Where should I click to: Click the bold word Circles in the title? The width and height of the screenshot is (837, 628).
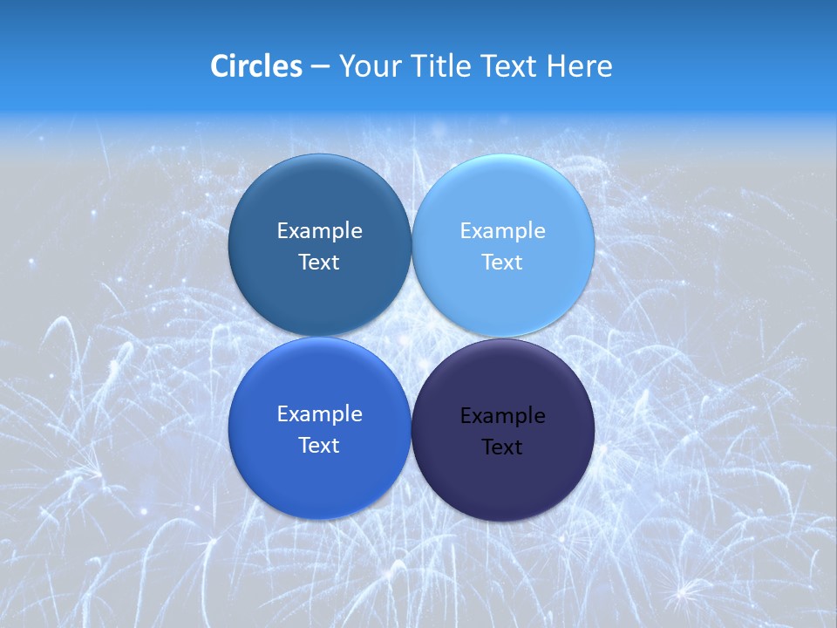[255, 66]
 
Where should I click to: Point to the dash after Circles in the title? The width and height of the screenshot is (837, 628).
[320, 67]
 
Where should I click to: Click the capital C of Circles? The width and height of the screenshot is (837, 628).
[220, 66]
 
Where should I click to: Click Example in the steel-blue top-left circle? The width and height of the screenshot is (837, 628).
[319, 231]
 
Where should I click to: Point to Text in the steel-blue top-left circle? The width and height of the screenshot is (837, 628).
[319, 263]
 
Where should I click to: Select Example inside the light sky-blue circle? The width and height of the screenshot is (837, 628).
[503, 231]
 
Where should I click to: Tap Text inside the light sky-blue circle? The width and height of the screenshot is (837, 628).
[503, 263]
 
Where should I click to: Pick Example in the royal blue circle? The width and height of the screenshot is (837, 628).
[319, 414]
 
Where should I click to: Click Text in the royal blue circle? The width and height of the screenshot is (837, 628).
[319, 446]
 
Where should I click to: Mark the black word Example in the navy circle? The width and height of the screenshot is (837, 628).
[503, 416]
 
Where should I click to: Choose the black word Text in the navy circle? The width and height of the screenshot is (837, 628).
[503, 447]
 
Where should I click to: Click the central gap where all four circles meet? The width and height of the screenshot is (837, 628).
[412, 338]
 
